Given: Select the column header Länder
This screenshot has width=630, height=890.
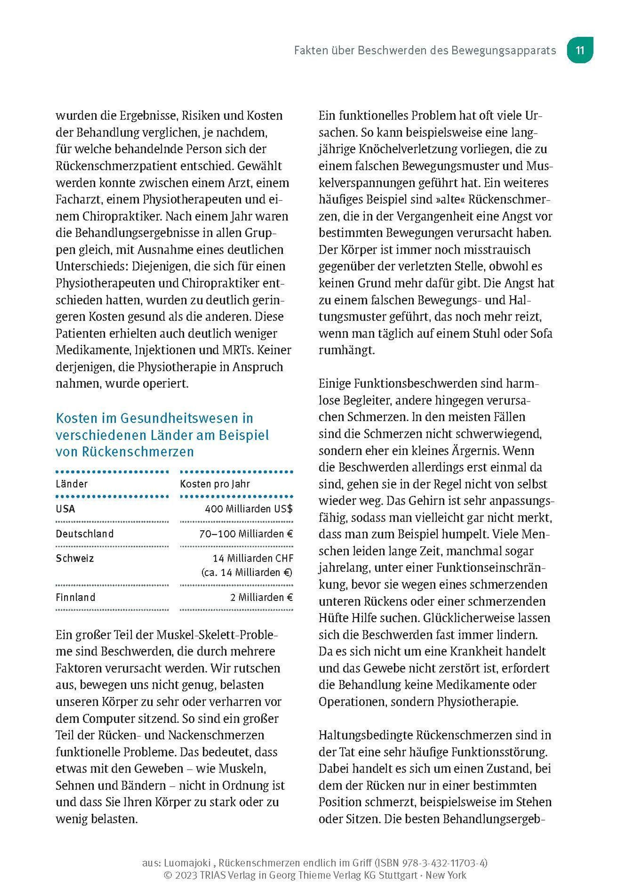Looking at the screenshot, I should [72, 484].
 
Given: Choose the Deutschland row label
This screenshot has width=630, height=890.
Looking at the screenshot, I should [85, 534].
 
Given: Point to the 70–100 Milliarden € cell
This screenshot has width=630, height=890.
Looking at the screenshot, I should [246, 534].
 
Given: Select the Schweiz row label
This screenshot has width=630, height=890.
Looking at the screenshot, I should [75, 558].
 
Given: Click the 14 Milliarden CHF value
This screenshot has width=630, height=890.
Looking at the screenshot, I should [253, 558].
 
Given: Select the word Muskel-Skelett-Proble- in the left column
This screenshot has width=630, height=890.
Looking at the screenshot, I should [217, 635].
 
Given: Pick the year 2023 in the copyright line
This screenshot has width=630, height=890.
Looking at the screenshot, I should [187, 875].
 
